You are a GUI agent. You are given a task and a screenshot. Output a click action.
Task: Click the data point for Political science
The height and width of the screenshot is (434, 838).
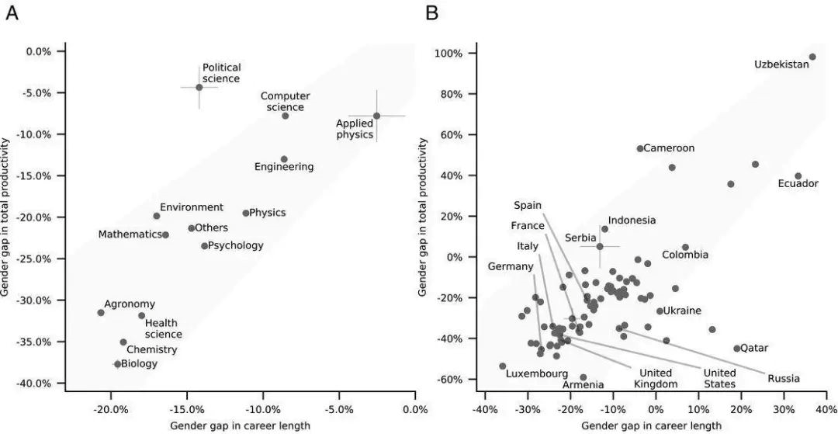[x=199, y=87]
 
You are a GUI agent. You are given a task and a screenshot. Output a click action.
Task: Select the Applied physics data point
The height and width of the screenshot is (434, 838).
[x=376, y=116]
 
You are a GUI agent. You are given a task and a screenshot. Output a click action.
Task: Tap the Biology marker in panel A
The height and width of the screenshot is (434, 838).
[x=118, y=363]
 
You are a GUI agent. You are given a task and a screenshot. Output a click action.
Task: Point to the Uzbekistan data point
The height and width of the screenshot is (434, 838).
[x=812, y=57]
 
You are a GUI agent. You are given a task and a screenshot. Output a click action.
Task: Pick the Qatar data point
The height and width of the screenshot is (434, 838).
[x=737, y=349]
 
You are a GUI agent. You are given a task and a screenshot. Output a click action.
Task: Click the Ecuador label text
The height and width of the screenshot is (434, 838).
[x=798, y=184]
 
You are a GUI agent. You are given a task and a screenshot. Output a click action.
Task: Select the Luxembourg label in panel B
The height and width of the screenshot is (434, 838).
[x=536, y=373]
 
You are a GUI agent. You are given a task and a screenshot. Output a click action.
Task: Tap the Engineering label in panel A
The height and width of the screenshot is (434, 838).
[x=284, y=167]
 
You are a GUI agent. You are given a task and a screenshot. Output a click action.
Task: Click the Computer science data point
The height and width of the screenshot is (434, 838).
[x=286, y=116]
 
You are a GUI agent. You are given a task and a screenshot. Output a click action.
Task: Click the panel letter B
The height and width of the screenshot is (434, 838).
[x=432, y=13]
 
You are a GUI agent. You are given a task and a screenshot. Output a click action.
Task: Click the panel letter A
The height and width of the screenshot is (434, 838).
[x=12, y=13]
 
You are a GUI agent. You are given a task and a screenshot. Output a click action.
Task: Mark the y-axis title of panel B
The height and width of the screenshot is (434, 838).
[x=424, y=217]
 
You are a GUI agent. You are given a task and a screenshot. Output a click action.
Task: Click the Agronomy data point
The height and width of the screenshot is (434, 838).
[x=101, y=312]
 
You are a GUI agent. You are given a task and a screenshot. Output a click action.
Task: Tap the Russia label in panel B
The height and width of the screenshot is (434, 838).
[x=784, y=379]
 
